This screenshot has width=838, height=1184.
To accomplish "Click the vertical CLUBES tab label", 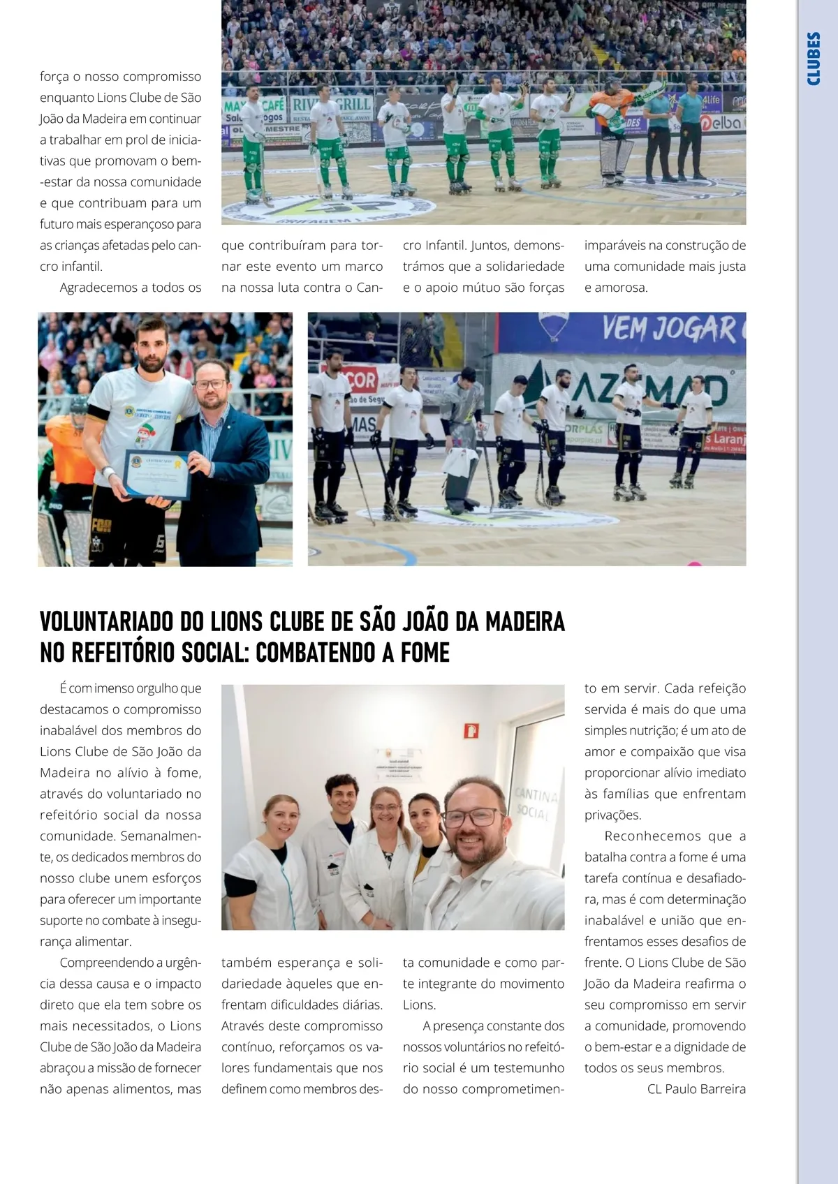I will (814, 59).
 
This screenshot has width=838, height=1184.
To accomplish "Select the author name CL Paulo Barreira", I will (696, 1089).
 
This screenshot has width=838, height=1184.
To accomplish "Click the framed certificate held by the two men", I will (157, 474).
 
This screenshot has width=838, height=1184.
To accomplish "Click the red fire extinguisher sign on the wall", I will (471, 730).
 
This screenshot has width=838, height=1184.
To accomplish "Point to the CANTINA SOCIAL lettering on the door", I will (536, 803).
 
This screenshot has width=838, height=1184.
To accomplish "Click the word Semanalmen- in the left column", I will (161, 836).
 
